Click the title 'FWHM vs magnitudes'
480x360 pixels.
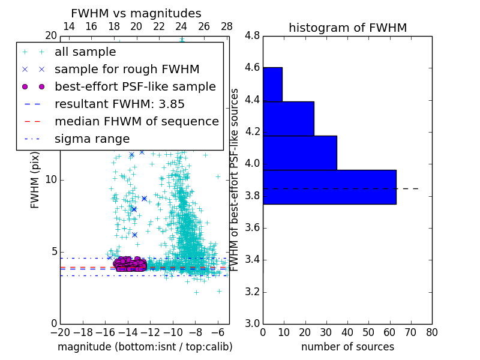(x=136, y=13)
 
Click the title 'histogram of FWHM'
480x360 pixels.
(x=347, y=28)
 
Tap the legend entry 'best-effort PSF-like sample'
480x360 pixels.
(x=135, y=86)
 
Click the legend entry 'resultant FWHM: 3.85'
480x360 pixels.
(x=119, y=104)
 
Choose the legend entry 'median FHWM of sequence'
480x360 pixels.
(x=136, y=121)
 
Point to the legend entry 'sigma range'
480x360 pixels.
(x=92, y=139)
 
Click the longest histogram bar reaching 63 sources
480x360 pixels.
(x=329, y=187)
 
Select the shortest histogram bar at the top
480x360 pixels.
(x=272, y=84)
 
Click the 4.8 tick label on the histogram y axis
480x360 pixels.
(x=253, y=35)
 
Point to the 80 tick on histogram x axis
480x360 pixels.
(x=432, y=331)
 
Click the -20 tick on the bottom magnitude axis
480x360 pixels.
(x=60, y=331)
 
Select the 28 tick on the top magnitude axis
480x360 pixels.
(x=227, y=26)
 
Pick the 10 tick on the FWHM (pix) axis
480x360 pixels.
(x=51, y=179)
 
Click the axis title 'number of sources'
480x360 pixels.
(x=347, y=347)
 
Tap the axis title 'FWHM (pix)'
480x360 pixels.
(x=35, y=179)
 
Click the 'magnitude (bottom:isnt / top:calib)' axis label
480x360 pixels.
(x=145, y=347)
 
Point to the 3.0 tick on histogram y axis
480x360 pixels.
(x=253, y=323)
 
